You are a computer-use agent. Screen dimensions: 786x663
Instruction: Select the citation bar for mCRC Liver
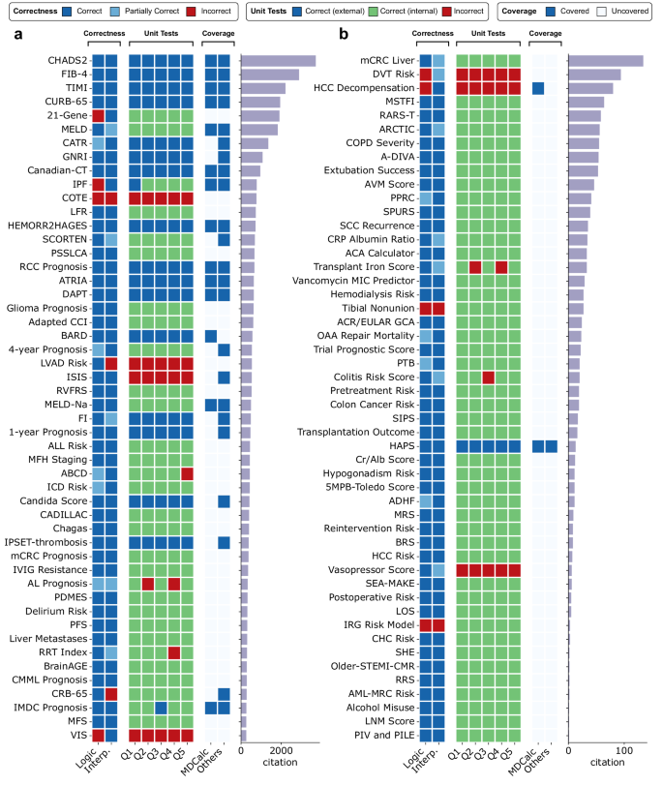(606, 61)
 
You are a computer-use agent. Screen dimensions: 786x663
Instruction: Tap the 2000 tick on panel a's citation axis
(281, 751)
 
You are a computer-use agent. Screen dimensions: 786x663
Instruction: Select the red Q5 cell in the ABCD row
(188, 473)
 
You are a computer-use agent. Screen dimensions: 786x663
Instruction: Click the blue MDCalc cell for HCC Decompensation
(537, 88)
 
